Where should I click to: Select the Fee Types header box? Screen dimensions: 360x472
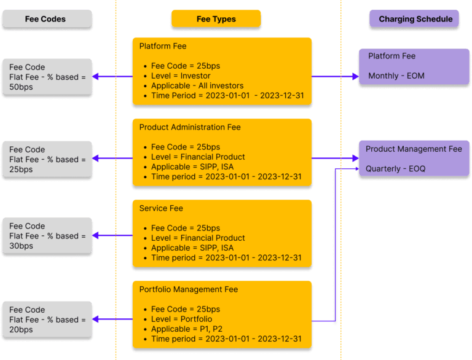click(216, 19)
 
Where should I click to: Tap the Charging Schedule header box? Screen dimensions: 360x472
click(415, 19)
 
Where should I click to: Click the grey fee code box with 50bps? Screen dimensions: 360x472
click(47, 77)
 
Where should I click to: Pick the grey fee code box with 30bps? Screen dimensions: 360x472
click(47, 237)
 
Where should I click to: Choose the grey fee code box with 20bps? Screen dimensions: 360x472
click(47, 319)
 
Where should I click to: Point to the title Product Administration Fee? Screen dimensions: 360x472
click(189, 127)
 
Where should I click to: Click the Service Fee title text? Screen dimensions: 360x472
click(161, 208)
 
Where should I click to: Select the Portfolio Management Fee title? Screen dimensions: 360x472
click(188, 289)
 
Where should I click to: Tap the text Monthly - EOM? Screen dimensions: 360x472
click(396, 76)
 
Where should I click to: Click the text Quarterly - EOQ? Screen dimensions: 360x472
click(395, 168)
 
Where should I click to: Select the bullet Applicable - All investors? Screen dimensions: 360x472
click(197, 85)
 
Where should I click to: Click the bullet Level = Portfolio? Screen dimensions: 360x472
click(181, 319)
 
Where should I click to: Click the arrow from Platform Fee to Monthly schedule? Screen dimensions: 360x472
click(335, 77)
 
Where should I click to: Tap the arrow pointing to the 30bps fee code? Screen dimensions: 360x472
click(112, 235)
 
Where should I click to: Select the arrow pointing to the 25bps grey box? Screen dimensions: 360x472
click(112, 158)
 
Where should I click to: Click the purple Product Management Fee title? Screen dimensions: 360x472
click(413, 149)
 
